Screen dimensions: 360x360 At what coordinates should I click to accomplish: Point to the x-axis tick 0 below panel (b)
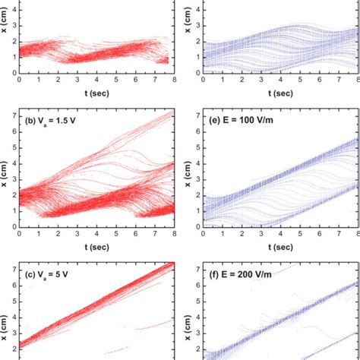click(x=20, y=235)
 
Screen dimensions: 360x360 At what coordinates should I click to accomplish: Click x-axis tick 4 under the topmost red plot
click(x=97, y=79)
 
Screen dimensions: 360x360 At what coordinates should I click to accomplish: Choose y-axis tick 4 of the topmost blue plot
click(x=197, y=12)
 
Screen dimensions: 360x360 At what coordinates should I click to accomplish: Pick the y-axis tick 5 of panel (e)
click(x=197, y=143)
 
